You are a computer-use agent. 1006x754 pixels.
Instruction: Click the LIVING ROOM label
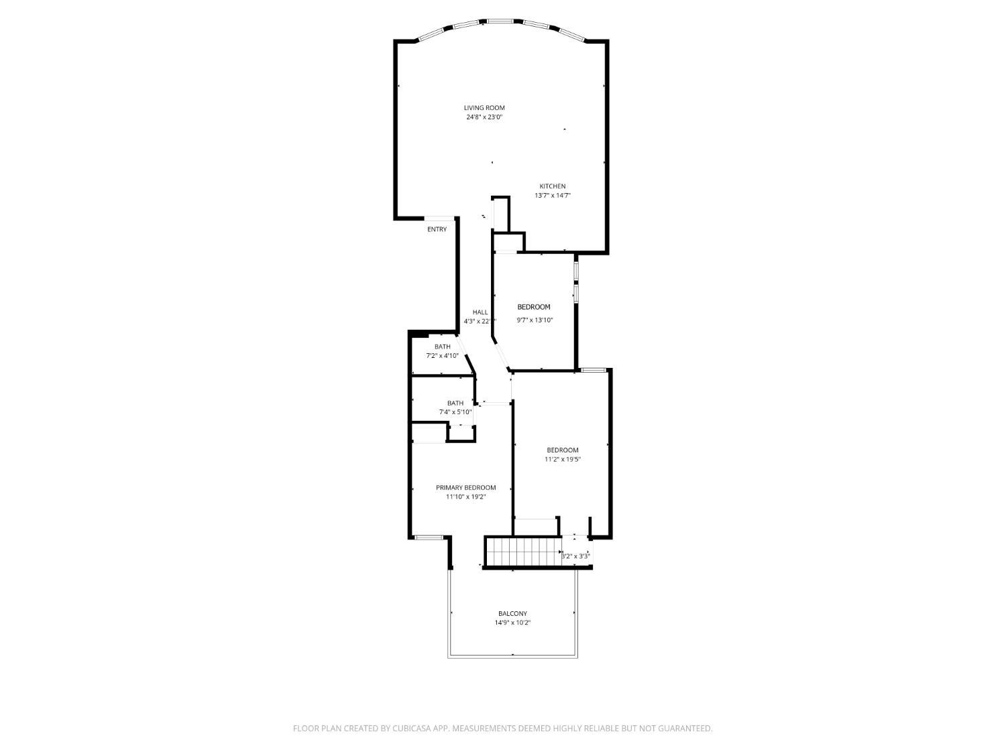484,108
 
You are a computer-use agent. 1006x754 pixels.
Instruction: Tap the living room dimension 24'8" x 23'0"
484,117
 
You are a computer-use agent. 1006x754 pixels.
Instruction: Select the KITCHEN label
553,186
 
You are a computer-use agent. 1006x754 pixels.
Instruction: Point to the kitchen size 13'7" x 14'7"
553,196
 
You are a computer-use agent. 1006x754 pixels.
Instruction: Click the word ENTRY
437,230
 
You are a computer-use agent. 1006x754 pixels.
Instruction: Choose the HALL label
480,312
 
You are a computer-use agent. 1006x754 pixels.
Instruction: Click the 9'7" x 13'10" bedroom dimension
535,320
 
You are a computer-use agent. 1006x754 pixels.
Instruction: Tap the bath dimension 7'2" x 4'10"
442,356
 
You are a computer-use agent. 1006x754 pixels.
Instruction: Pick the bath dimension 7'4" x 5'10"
455,412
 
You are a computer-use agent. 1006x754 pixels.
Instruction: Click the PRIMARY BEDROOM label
465,488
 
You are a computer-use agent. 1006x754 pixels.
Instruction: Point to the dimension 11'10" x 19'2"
465,497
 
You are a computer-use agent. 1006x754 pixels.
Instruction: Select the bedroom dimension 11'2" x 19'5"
562,460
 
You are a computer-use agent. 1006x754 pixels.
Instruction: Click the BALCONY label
512,614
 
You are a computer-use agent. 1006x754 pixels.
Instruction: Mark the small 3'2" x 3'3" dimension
575,556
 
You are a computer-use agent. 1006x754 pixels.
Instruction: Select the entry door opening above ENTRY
439,218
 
